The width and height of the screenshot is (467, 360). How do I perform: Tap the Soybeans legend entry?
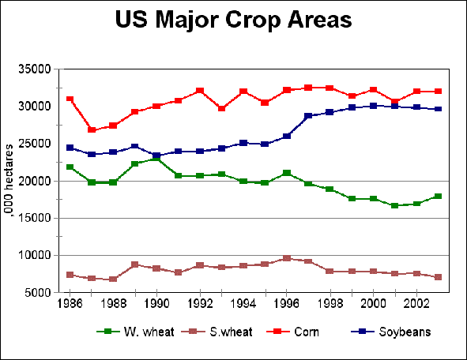pos(404,332)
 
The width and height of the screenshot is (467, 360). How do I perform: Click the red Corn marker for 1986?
pos(70,99)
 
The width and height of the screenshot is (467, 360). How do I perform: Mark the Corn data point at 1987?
pos(92,129)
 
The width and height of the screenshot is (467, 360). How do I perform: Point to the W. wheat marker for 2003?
pos(437,196)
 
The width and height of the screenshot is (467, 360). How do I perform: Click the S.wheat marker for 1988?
pos(113,279)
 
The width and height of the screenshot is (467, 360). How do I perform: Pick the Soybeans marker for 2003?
pos(437,109)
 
